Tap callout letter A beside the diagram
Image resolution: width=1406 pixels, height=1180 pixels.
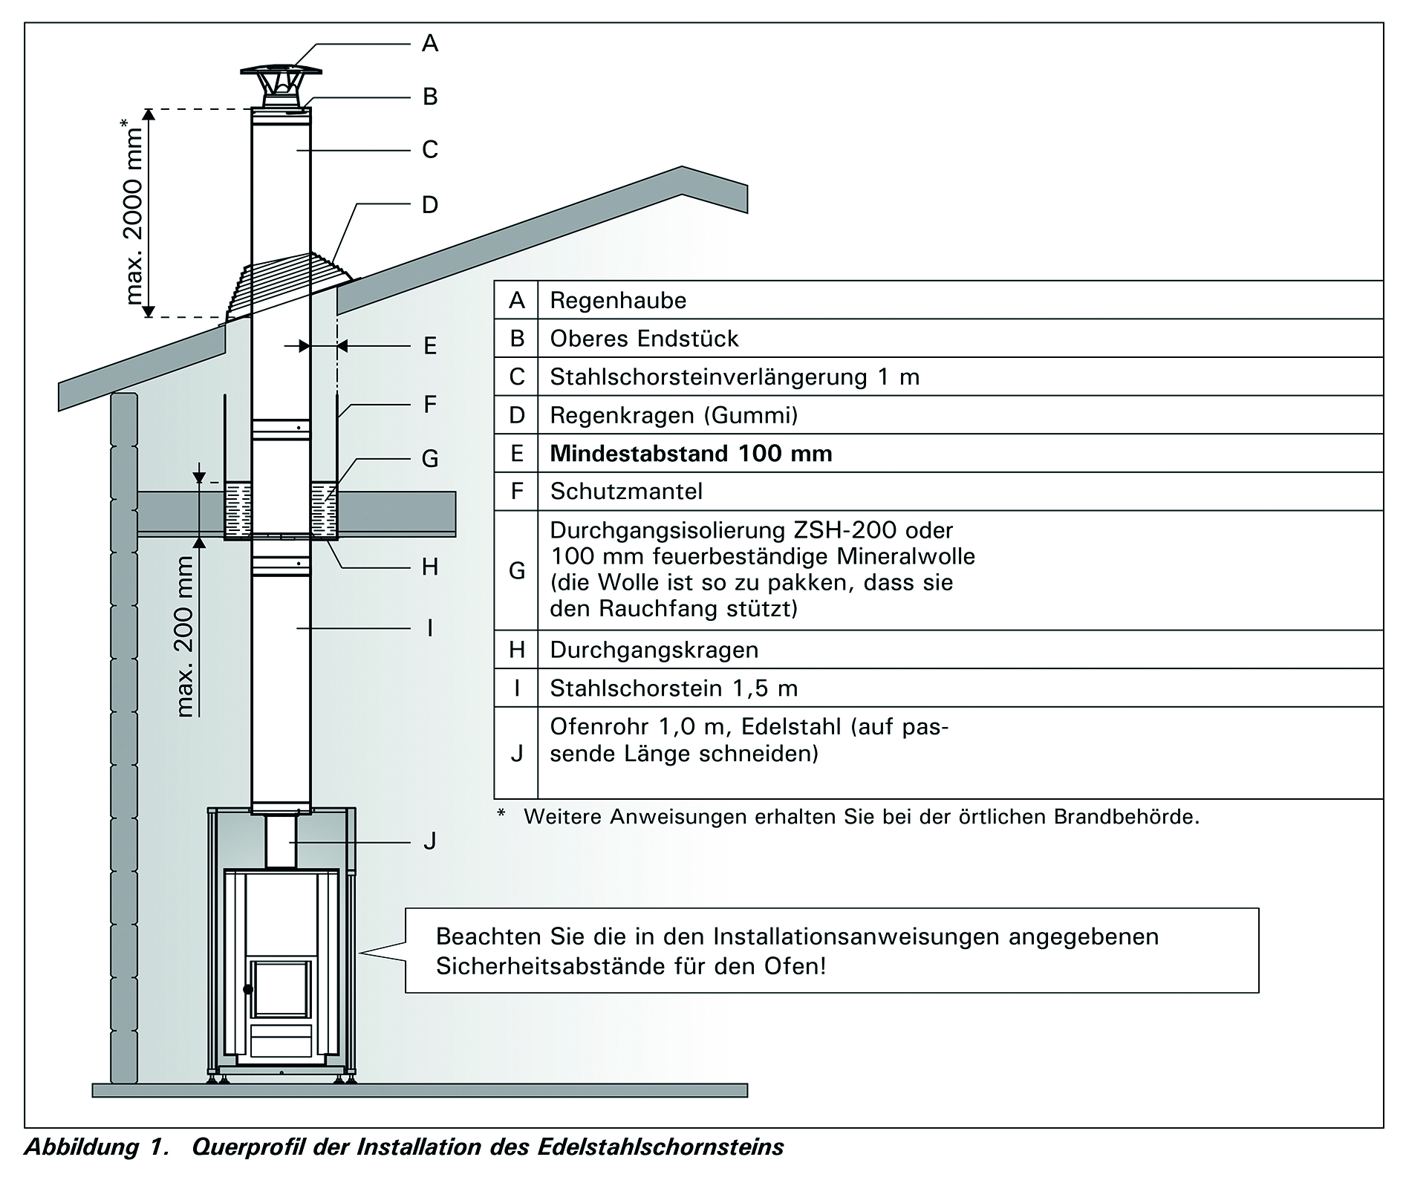click(x=430, y=44)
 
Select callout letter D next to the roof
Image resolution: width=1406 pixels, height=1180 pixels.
click(x=430, y=204)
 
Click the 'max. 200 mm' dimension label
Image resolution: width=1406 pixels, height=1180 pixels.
click(x=185, y=637)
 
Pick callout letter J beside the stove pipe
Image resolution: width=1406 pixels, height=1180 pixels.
click(x=429, y=841)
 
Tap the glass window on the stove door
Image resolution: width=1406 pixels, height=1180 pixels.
click(x=281, y=988)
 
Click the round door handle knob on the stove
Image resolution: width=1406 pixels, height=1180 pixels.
click(x=247, y=989)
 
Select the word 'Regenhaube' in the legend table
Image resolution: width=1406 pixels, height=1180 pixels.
click(x=618, y=301)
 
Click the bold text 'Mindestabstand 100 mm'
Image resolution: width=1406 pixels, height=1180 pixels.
click(x=691, y=453)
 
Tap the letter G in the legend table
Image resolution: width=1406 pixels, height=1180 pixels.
click(x=517, y=570)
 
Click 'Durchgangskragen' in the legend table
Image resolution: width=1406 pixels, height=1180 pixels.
click(x=654, y=651)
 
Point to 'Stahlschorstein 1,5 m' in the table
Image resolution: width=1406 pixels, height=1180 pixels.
click(x=674, y=688)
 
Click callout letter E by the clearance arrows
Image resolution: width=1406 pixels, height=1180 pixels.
click(x=430, y=345)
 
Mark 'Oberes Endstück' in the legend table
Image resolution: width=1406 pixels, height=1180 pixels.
click(x=644, y=339)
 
